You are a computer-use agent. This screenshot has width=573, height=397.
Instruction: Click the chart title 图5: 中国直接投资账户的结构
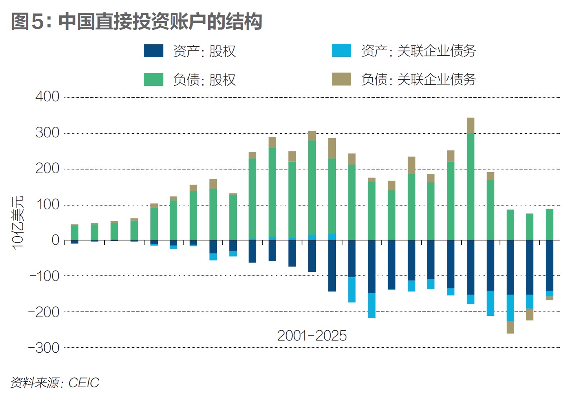(136, 21)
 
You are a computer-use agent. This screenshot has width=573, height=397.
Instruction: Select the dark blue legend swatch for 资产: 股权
(153, 51)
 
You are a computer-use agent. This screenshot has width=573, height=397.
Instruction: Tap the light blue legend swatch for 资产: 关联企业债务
(341, 51)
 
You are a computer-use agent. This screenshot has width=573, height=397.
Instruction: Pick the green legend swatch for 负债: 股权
(153, 79)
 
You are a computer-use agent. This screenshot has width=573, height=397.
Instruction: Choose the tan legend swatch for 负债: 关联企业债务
(341, 79)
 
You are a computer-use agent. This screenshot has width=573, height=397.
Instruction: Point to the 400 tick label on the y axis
(48, 97)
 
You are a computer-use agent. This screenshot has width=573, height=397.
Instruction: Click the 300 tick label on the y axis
(48, 133)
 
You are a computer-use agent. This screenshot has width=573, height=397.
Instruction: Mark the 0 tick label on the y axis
(55, 240)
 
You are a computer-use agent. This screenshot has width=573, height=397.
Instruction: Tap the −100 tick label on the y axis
(44, 276)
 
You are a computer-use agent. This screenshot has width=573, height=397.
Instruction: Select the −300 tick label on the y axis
(44, 348)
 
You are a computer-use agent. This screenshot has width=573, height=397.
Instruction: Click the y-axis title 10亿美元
(18, 222)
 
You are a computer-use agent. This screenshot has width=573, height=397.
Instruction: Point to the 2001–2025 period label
(312, 336)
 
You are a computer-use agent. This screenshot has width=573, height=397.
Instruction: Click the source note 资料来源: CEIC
(55, 382)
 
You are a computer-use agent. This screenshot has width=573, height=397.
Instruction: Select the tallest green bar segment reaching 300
(470, 186)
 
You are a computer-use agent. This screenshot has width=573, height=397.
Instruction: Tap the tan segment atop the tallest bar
(470, 126)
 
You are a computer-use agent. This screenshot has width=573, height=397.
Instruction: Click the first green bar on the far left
(75, 232)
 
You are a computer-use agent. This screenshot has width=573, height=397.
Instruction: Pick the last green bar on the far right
(549, 224)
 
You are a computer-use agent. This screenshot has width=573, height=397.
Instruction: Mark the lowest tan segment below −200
(510, 327)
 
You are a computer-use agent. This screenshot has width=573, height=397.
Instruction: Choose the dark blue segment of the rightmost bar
(549, 265)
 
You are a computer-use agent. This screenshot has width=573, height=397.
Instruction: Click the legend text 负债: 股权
(204, 80)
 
